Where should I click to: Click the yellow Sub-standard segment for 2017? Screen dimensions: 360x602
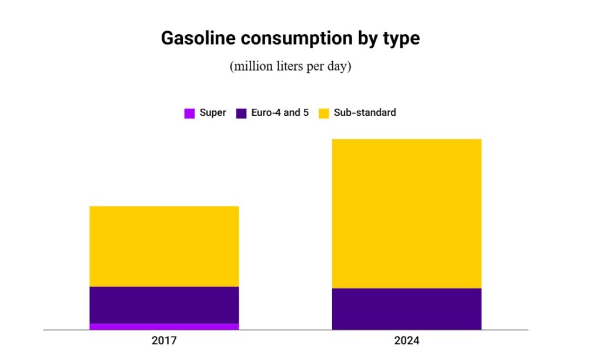click(164, 246)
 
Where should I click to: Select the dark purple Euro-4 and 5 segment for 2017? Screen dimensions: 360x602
click(164, 305)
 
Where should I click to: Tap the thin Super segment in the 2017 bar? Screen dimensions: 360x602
click(164, 326)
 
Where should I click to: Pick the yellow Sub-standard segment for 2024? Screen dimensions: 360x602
click(406, 213)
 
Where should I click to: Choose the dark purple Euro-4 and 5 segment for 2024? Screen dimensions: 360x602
click(406, 309)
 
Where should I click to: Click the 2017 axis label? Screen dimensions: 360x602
click(164, 341)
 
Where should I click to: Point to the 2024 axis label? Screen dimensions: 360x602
click(407, 341)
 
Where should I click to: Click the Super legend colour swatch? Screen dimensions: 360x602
click(189, 113)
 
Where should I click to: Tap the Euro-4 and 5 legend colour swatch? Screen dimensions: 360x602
click(241, 113)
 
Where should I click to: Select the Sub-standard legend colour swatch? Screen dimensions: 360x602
click(323, 113)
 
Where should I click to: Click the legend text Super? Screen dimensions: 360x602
click(213, 112)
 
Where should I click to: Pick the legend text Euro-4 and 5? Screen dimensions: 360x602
click(280, 112)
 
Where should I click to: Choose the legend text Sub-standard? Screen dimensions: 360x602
click(364, 112)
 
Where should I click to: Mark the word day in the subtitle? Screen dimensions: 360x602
click(339, 66)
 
